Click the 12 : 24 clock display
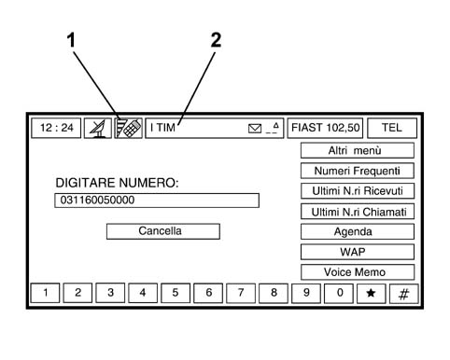click(x=56, y=128)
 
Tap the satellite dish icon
click(x=98, y=128)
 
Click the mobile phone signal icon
click(x=128, y=128)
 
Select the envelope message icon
click(x=255, y=129)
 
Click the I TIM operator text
click(x=162, y=128)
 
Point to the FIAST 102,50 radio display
click(x=325, y=128)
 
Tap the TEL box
click(x=392, y=128)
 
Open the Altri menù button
click(x=358, y=151)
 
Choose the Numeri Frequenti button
click(x=358, y=171)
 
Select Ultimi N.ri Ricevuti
click(x=358, y=191)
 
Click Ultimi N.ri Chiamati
click(x=358, y=212)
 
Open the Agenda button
click(x=358, y=232)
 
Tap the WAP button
click(x=358, y=252)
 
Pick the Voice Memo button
click(x=358, y=272)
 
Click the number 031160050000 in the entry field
click(x=97, y=200)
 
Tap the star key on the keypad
click(x=371, y=293)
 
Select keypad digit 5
click(x=176, y=293)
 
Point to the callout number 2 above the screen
click(x=216, y=40)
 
